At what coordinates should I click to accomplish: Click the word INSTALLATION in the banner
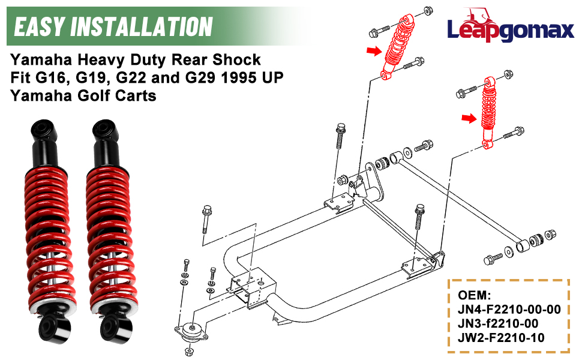[x=140, y=26]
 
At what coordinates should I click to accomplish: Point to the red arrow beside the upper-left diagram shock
[x=375, y=52]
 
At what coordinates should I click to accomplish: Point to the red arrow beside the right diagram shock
[x=468, y=119]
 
